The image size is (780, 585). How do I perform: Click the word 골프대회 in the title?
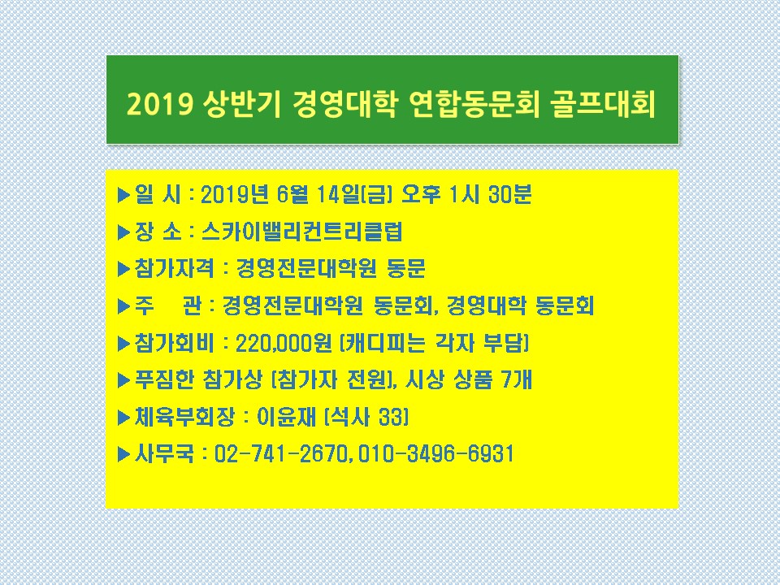coord(604,104)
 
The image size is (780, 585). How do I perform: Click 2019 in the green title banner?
coord(159,105)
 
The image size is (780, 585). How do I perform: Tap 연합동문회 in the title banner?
coord(473,104)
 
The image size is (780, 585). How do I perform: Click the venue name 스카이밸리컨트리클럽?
coord(302,232)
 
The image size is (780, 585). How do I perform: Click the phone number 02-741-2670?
coord(280,454)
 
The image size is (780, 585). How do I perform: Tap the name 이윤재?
coord(287,417)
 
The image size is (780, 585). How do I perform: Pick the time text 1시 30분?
coord(490,194)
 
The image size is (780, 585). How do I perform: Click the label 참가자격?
coord(174,269)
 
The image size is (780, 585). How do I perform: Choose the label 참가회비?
coord(174,343)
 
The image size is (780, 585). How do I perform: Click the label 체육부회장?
coord(184,417)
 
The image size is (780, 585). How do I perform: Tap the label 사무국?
coord(164,454)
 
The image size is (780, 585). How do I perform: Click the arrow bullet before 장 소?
coord(123,232)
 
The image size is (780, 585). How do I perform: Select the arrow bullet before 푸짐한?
coord(123,380)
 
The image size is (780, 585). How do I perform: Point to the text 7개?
coord(517,380)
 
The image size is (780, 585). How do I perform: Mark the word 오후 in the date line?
coord(421,194)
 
